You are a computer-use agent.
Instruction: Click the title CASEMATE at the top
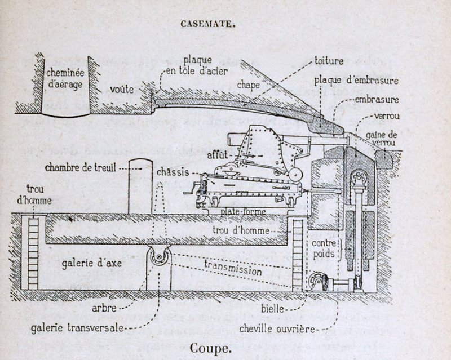207,24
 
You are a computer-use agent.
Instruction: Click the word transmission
233,268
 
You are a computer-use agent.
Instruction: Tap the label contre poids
324,248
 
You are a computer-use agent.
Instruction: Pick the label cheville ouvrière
276,327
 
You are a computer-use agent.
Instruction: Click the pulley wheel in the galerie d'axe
158,258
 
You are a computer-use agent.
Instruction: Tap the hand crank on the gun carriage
199,189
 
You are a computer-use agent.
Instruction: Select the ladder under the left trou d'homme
33,254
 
